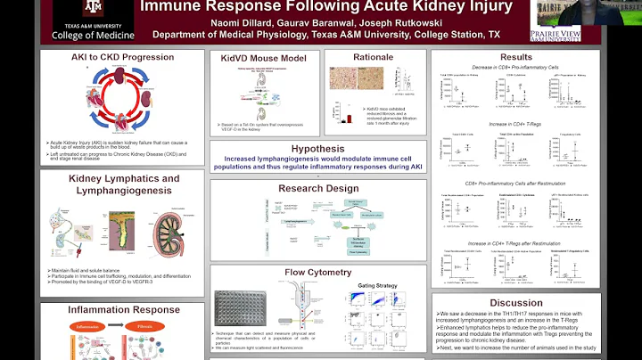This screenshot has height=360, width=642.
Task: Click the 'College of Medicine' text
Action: [x=81, y=35]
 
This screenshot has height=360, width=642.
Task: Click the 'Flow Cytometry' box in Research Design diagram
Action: [x=357, y=252]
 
